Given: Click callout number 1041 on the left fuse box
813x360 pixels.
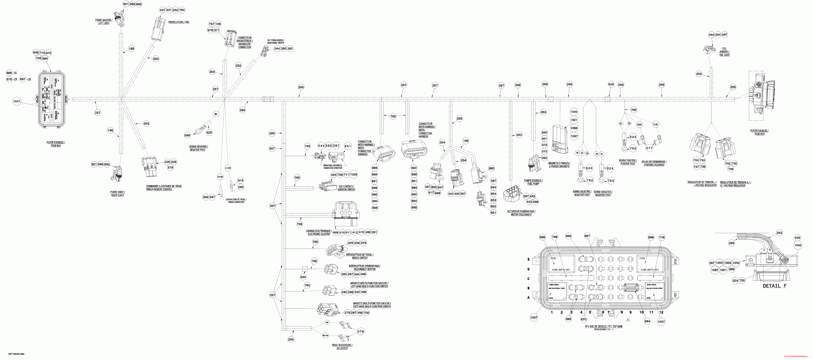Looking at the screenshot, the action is [x=17, y=101].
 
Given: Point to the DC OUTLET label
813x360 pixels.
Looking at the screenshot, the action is [x=342, y=348].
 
